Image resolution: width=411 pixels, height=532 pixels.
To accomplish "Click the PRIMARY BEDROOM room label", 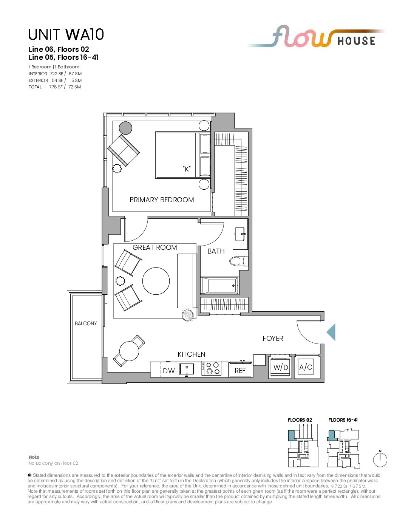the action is click(162, 200).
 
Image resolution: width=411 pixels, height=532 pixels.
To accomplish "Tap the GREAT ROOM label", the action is click(155, 247).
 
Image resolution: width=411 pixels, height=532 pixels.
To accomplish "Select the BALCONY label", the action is click(86, 323).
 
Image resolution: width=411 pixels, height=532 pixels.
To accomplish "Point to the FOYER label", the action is click(273, 338).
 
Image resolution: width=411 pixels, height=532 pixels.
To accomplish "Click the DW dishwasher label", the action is click(168, 371).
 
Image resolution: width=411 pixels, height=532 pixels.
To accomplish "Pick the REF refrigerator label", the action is click(240, 371).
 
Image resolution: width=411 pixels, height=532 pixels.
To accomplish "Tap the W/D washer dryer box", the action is click(281, 367).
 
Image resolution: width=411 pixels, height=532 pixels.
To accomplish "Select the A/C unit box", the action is click(306, 367).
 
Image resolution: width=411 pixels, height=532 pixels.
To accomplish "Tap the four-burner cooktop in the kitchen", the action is click(212, 368).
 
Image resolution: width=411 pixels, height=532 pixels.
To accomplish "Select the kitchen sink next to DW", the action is click(187, 369).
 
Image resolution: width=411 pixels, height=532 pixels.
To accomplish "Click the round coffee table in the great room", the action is click(156, 281).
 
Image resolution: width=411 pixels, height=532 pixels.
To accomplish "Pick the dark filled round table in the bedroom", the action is click(125, 128).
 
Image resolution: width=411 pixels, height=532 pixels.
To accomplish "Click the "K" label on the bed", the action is click(187, 169).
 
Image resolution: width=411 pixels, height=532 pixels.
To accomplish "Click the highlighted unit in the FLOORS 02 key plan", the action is click(292, 436).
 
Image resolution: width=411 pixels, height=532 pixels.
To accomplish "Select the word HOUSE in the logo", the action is click(356, 41).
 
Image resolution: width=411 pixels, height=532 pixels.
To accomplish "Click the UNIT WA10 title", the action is click(66, 34).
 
